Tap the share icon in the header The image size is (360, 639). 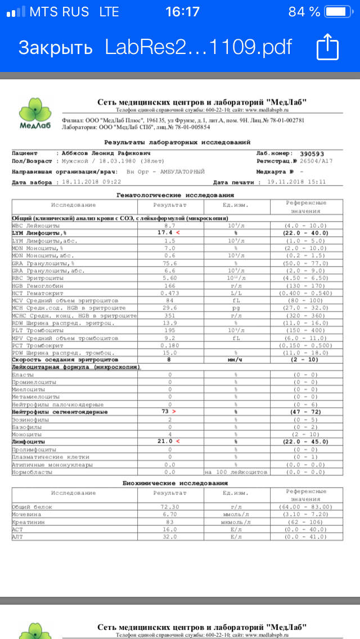tap(327, 47)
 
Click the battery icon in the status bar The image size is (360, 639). tap(340, 11)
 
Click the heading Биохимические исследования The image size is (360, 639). tap(175, 483)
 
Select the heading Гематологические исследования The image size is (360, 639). tap(175, 195)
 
